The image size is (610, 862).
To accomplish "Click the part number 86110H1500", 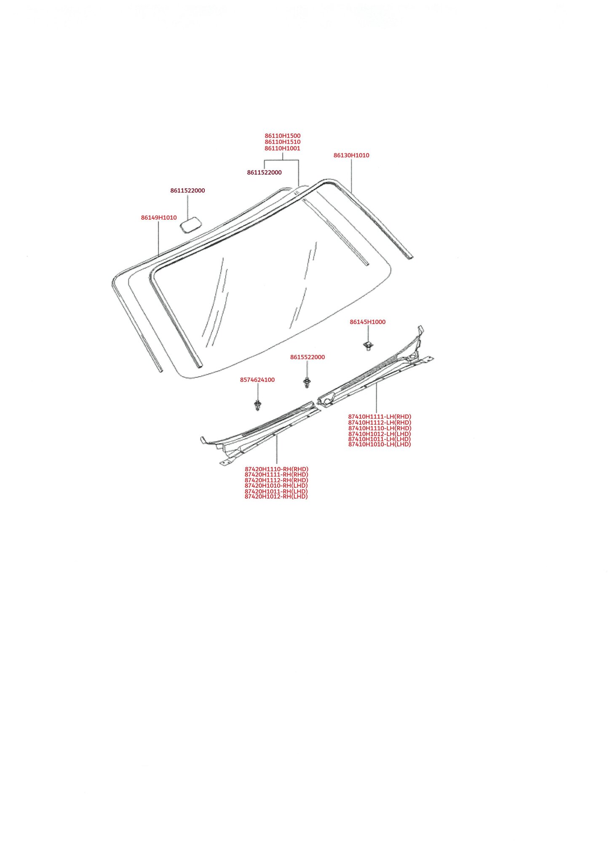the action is [x=283, y=136].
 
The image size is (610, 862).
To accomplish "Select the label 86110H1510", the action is [x=283, y=142].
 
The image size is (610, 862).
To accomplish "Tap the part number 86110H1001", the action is [x=283, y=149].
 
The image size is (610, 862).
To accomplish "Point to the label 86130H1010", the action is [x=351, y=155].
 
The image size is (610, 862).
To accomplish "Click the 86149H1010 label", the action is [x=159, y=218].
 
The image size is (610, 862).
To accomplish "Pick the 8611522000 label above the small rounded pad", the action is [x=187, y=191].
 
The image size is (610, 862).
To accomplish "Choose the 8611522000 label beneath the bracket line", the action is [x=264, y=173].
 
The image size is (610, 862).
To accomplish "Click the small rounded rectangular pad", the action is [x=191, y=224].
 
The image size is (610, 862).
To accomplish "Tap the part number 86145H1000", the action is [x=367, y=322].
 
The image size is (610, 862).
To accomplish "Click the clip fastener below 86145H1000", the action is [x=367, y=346].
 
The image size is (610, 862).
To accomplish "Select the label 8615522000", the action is [x=308, y=357].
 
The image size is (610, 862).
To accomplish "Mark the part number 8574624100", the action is [x=257, y=380].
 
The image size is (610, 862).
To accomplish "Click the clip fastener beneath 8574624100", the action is [x=257, y=406].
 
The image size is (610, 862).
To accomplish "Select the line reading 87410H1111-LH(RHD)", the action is [x=380, y=417].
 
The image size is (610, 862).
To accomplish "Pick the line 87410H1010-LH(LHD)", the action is [x=380, y=444].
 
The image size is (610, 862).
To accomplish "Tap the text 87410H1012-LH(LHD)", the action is [x=380, y=434].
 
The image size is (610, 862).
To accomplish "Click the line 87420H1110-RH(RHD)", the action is [x=276, y=469].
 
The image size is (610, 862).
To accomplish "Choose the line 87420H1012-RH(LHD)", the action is [x=276, y=497].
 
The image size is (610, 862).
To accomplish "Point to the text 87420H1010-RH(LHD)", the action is [x=276, y=486].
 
